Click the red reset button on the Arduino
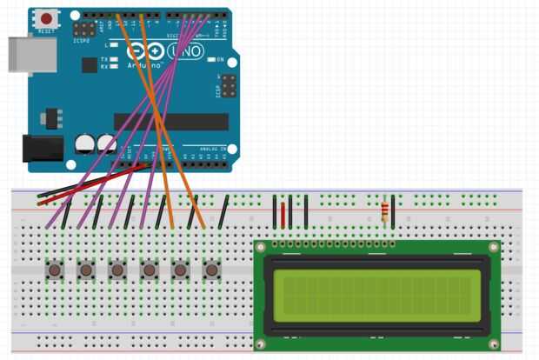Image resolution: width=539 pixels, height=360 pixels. click(46, 18)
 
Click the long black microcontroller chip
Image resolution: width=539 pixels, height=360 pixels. click(171, 121)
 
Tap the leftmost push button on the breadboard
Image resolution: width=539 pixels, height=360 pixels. click(55, 270)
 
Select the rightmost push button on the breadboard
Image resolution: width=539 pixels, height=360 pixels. click(211, 270)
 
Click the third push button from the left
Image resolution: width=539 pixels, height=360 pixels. click(117, 270)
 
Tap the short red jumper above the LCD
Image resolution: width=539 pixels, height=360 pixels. click(283, 212)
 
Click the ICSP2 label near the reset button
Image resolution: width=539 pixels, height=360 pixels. click(81, 40)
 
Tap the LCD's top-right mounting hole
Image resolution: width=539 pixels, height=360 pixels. click(495, 248)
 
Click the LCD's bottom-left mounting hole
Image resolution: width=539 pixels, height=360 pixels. click(260, 344)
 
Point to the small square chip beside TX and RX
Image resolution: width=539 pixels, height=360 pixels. click(89, 64)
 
